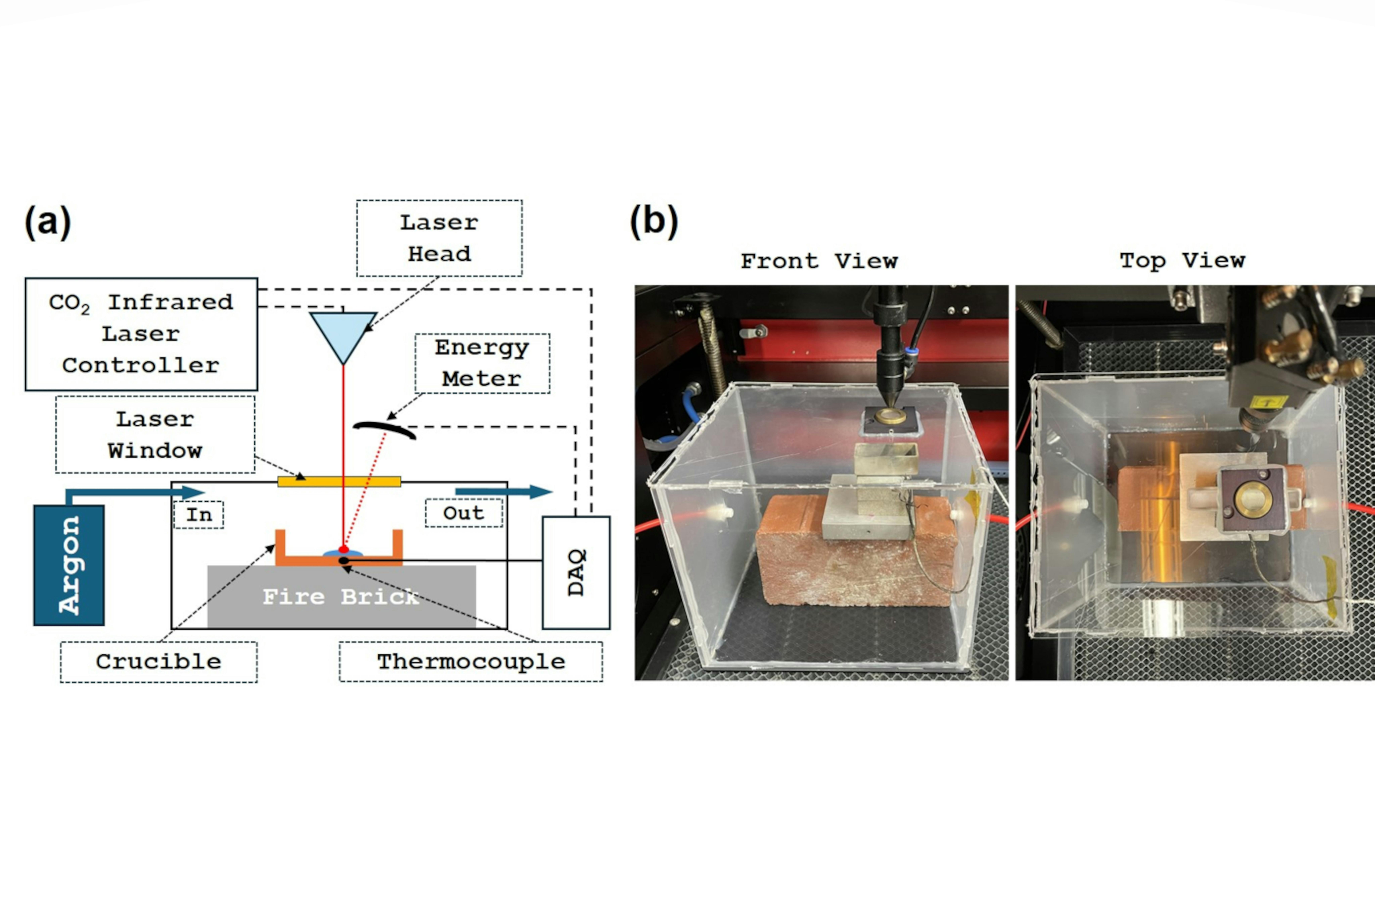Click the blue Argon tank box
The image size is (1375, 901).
point(69,565)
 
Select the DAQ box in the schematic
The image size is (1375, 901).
point(576,572)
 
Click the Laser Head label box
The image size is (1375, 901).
point(439,238)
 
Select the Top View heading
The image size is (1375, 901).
point(1182,261)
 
